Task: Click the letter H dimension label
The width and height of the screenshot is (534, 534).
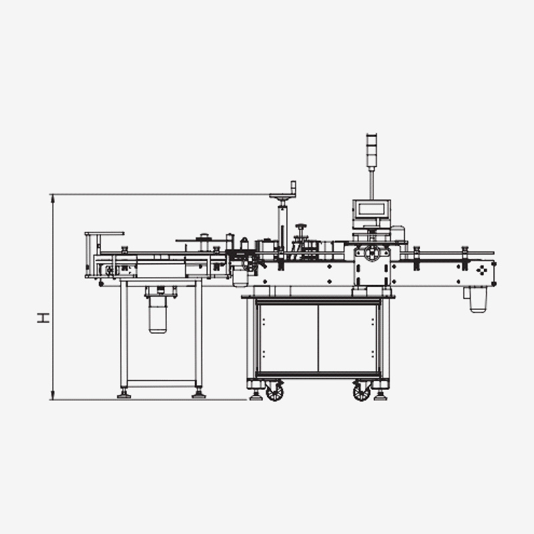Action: [43, 318]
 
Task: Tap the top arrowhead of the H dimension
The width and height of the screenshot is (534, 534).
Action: [53, 198]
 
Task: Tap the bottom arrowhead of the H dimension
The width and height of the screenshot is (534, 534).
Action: [53, 396]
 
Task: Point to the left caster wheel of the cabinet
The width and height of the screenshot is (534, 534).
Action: [275, 391]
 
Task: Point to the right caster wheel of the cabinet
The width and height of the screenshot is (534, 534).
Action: [361, 391]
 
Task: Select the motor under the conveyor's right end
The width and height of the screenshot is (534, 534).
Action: [478, 300]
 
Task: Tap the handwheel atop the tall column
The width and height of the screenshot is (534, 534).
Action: [282, 196]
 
